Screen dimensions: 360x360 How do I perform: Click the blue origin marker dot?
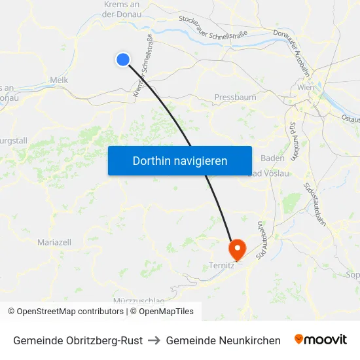click(x=122, y=60)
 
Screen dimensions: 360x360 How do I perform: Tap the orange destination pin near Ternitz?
click(x=236, y=249)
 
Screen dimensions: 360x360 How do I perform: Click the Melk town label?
click(x=59, y=81)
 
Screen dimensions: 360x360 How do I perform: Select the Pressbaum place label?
click(x=235, y=98)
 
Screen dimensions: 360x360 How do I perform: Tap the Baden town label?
click(x=272, y=158)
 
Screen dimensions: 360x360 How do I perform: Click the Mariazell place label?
click(x=54, y=242)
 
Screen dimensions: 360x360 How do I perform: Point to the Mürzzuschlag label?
click(x=139, y=300)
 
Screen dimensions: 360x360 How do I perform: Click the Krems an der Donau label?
click(x=122, y=9)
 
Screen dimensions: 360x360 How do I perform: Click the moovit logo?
click(x=321, y=340)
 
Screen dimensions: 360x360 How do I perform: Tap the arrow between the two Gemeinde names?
click(x=154, y=340)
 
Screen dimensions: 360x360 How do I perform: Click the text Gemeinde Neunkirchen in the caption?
click(x=223, y=340)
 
